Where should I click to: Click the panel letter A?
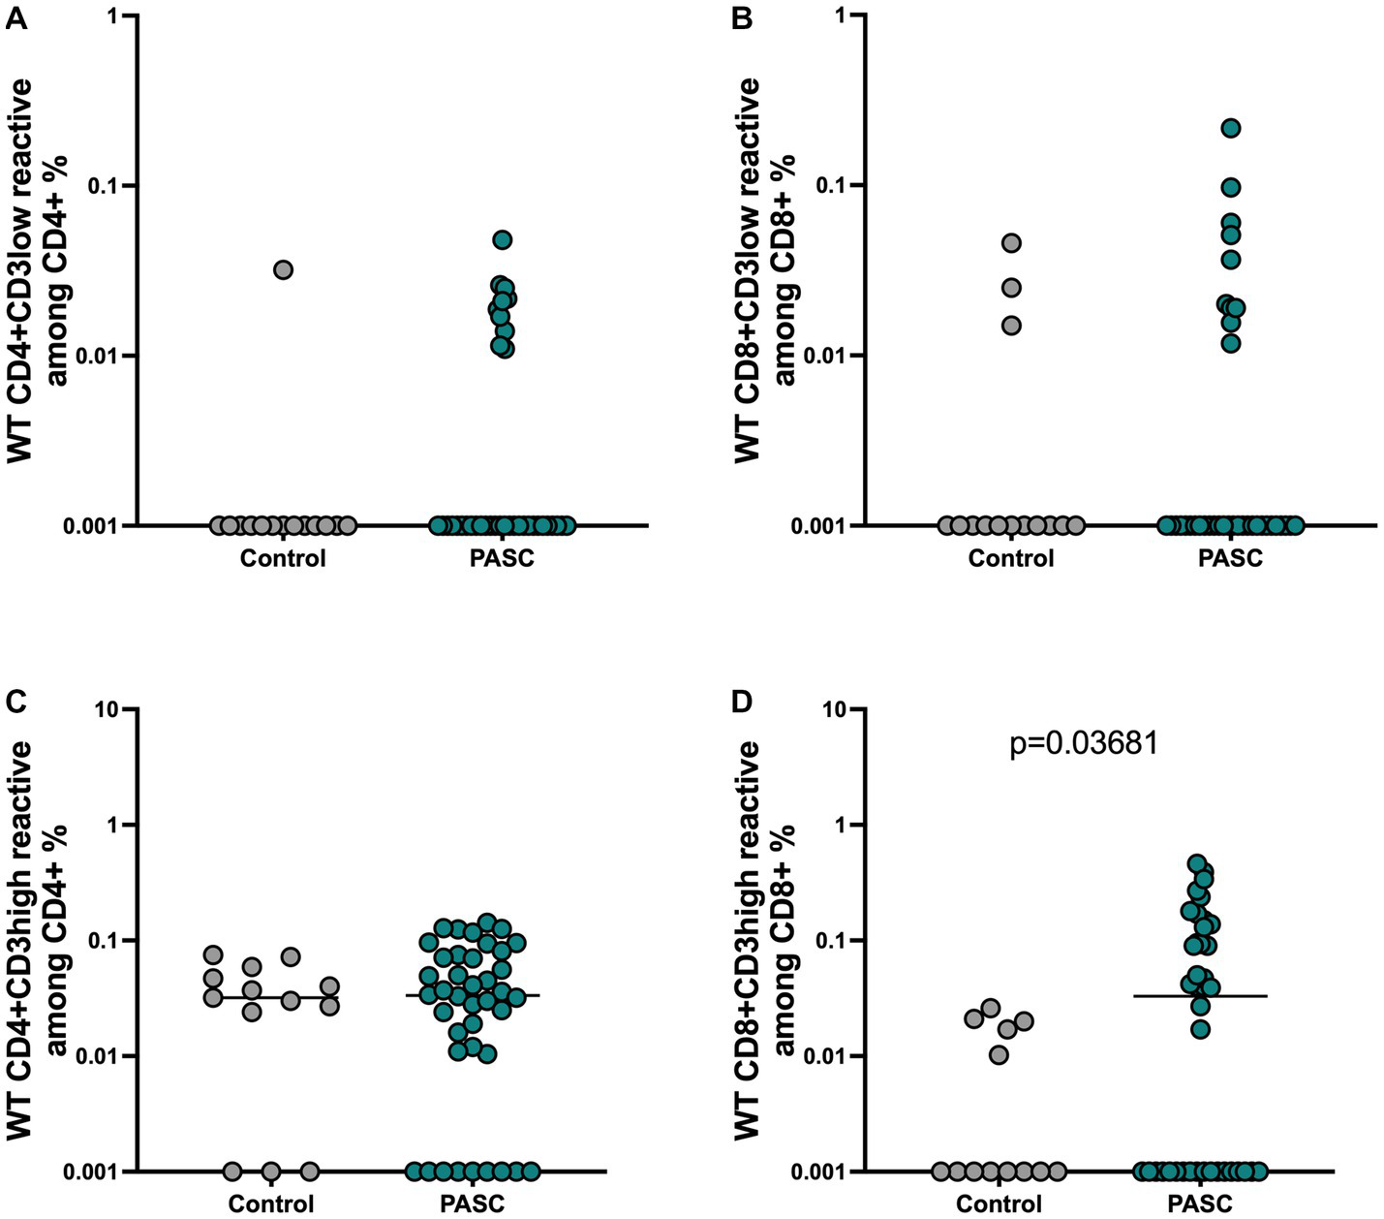16,19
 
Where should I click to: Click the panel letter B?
743,19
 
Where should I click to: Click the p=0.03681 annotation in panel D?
1084,744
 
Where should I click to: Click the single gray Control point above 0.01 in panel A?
283,269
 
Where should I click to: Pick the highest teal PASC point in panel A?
502,239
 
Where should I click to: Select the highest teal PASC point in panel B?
1231,128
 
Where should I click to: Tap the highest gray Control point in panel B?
1011,242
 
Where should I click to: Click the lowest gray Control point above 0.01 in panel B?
1011,325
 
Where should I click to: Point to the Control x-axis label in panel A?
283,559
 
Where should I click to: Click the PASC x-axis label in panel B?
1230,559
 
